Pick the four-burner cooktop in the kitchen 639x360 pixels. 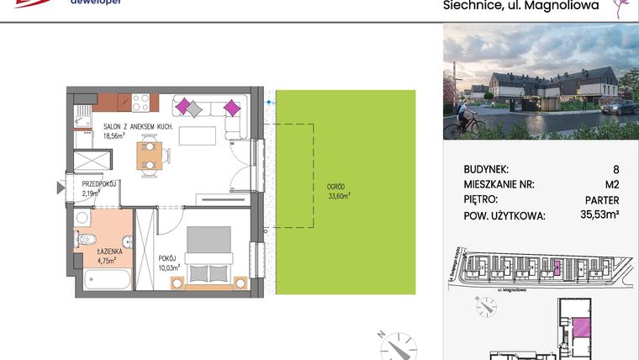(x=141, y=101)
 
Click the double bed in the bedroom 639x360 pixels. (x=208, y=256)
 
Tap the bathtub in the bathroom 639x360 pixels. (x=107, y=278)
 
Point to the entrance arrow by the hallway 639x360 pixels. (x=60, y=187)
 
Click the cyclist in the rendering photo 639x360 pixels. (x=461, y=124)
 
